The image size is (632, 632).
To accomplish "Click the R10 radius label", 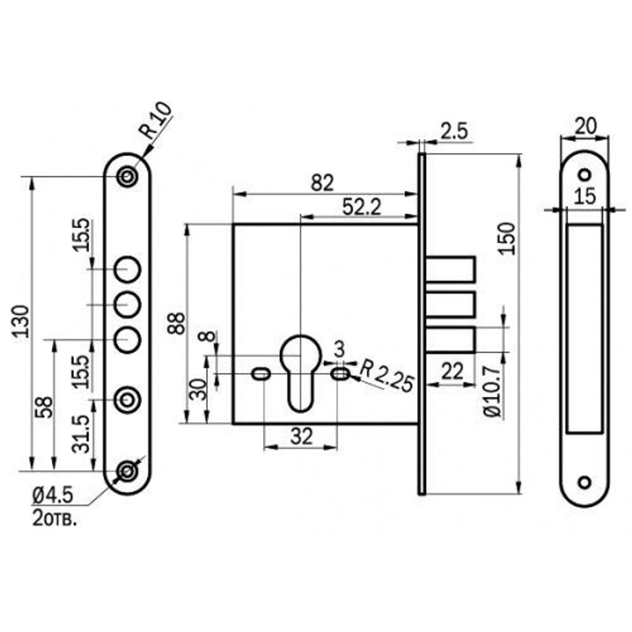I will click(x=154, y=121).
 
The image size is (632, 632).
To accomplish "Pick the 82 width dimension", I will click(x=322, y=182).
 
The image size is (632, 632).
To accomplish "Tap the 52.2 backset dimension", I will click(x=361, y=206).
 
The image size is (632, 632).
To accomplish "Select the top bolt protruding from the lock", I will click(x=450, y=269).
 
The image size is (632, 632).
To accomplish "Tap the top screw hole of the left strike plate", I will click(x=128, y=176).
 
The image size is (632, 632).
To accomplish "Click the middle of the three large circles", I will click(x=127, y=305).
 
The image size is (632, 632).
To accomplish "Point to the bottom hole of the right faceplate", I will click(x=585, y=482).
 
